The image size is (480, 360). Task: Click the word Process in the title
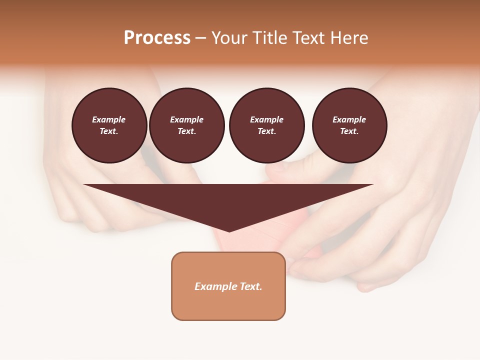tap(157, 37)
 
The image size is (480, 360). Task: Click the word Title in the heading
tap(268, 38)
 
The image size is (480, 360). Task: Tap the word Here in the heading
tap(348, 38)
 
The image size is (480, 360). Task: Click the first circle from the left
tap(109, 125)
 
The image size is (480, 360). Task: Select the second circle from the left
tap(186, 125)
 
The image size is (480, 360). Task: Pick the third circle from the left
tap(266, 125)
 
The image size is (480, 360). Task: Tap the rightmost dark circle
tap(349, 125)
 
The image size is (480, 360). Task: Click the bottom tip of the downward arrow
tap(229, 230)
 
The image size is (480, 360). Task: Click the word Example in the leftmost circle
tap(109, 119)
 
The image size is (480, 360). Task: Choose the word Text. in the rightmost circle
tap(349, 131)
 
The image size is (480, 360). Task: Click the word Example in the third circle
tap(266, 119)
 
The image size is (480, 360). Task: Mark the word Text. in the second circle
tap(186, 131)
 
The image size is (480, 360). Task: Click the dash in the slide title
tap(200, 38)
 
